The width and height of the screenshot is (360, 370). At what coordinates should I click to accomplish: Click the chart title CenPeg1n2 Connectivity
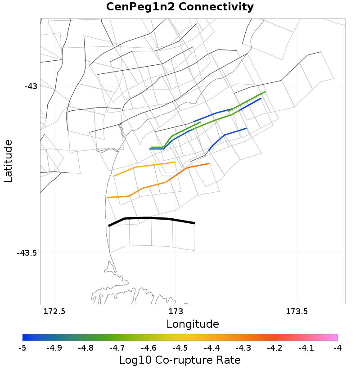tap(180, 7)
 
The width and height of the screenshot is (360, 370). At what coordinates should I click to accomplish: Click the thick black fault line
tap(151, 218)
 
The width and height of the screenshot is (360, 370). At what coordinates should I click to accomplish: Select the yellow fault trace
tap(144, 166)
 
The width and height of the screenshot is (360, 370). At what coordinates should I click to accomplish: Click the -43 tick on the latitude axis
tap(31, 86)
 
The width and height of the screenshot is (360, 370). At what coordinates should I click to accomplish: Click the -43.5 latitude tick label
tap(27, 253)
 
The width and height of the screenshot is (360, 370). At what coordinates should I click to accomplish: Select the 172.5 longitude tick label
tap(54, 311)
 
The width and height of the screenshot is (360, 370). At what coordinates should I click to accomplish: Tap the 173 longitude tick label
tap(175, 311)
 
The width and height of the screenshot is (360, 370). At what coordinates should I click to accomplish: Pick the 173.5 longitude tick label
tap(297, 311)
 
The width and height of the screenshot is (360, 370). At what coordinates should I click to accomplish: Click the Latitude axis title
tap(8, 161)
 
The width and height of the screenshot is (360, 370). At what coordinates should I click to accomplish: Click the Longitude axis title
tap(193, 324)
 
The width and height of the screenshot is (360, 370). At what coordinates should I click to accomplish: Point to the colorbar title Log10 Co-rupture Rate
tap(180, 360)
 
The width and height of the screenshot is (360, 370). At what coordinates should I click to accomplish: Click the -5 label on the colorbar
tap(22, 348)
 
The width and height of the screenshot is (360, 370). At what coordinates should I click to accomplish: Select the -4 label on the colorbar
tap(337, 348)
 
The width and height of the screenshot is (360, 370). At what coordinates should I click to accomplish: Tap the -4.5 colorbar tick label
tap(180, 348)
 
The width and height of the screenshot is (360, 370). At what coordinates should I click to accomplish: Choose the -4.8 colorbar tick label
tap(85, 348)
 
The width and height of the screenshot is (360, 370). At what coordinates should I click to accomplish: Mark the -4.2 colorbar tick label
tap(274, 348)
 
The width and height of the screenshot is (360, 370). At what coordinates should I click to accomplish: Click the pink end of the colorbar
tap(333, 338)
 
